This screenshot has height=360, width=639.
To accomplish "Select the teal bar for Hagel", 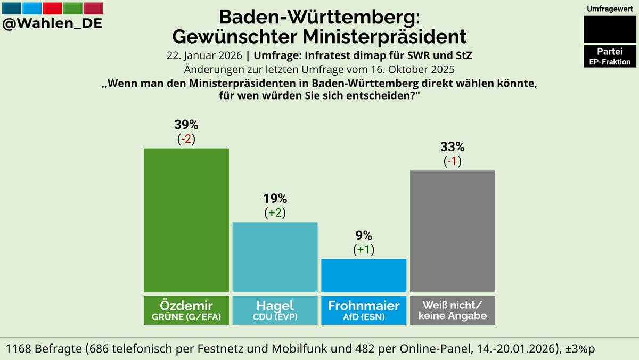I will (275, 257).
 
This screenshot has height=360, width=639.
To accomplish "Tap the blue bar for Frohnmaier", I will (364, 275).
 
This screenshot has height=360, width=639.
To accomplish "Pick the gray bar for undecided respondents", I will (453, 231).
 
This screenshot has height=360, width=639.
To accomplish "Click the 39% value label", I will (186, 125).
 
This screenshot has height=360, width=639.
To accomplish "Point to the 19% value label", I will (275, 199).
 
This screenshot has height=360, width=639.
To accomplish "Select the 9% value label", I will (364, 236).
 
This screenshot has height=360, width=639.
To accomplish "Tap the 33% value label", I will (453, 147).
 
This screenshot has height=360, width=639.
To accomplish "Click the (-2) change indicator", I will (186, 139).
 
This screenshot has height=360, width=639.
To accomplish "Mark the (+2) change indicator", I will (275, 213).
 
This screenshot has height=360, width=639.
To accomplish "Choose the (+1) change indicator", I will (364, 250).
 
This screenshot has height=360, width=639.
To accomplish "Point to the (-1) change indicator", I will (453, 161).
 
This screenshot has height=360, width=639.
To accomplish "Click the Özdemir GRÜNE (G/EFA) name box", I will (186, 310).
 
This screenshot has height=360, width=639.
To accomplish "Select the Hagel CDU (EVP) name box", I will (275, 310).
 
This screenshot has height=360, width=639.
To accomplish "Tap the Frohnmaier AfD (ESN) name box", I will (364, 310).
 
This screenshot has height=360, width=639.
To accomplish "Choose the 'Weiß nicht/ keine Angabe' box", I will (453, 310).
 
